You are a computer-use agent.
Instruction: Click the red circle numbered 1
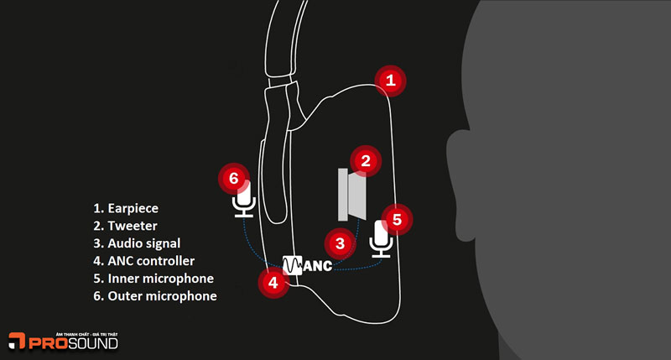(x=389, y=81)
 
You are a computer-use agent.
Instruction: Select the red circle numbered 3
(x=340, y=244)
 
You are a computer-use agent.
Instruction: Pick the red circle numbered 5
(x=398, y=220)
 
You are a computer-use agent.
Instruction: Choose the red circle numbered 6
(x=234, y=178)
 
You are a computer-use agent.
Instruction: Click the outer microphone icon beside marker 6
(x=244, y=201)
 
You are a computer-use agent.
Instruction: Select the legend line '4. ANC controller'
(x=144, y=259)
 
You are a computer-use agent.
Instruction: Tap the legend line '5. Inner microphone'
(x=153, y=278)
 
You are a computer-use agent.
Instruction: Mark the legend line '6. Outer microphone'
(x=155, y=296)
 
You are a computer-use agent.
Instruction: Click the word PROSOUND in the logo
(x=75, y=342)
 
